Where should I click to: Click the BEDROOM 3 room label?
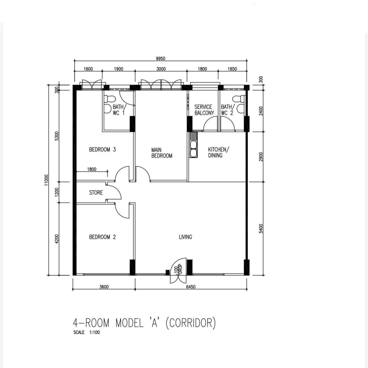(x=103, y=149)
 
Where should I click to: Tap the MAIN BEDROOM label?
(x=162, y=153)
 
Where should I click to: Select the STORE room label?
(x=96, y=192)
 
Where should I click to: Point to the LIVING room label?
(x=185, y=237)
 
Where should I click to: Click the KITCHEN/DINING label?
(x=218, y=152)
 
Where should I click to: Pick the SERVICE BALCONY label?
(x=204, y=110)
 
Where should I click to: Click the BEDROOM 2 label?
(x=103, y=237)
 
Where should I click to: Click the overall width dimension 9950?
(x=161, y=59)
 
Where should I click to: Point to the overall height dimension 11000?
(x=47, y=181)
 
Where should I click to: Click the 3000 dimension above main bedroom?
(x=161, y=69)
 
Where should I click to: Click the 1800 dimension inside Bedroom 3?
(x=92, y=169)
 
